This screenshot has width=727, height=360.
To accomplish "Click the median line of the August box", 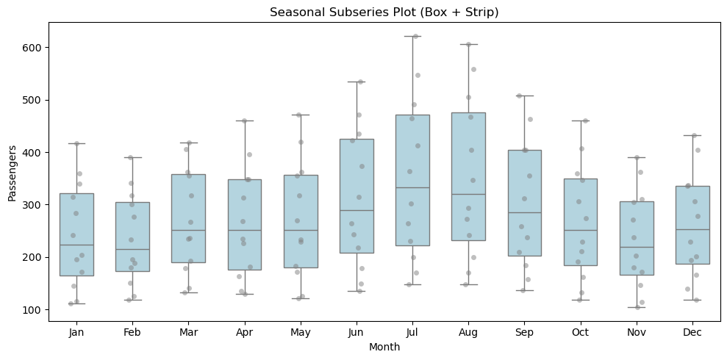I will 468,194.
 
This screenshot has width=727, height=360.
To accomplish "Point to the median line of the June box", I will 357,211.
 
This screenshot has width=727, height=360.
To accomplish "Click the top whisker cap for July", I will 412,36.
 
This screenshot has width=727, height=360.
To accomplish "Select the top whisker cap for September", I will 524,96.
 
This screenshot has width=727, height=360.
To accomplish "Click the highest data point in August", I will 468,44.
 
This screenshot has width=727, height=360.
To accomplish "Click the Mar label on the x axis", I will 188,333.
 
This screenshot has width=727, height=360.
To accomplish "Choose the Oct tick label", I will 581,333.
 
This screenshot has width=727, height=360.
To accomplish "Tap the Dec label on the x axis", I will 693,333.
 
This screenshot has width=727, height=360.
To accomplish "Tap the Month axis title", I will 384,347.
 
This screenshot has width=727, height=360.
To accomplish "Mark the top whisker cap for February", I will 132,157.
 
